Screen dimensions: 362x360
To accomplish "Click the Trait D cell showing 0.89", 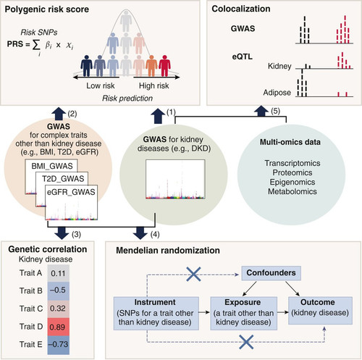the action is point(59,327).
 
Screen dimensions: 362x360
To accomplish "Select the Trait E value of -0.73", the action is point(59,345).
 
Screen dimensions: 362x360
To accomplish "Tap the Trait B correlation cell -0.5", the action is point(59,290).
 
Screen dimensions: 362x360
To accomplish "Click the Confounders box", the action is point(271,273).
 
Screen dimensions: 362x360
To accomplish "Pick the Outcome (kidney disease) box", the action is point(320,311).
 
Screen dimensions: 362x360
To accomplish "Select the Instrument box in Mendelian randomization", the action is point(156,314).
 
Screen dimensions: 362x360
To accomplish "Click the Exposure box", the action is point(244,314).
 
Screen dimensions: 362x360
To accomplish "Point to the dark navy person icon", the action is point(86,66).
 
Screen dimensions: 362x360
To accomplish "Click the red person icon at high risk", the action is point(164,66).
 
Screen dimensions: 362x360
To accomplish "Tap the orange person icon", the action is point(151,66).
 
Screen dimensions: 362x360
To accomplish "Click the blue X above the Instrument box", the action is point(194,275).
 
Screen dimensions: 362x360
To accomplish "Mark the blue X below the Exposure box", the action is point(246,342).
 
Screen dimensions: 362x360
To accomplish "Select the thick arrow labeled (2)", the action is point(59,114).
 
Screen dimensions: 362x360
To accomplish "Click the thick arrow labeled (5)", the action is point(261,112).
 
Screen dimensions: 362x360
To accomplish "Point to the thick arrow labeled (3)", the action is point(62,233).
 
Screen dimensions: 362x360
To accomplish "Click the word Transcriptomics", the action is point(292,163).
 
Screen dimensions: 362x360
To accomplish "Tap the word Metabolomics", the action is point(292,191).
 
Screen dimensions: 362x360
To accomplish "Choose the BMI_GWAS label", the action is point(52,166).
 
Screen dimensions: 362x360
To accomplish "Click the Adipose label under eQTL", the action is point(277,93).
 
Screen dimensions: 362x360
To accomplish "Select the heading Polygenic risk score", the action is point(47,9).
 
